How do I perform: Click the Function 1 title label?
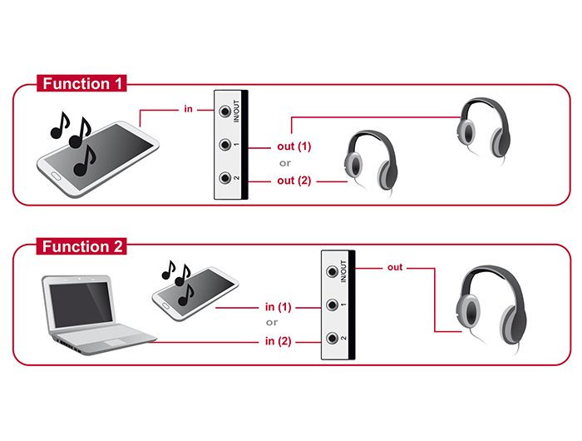[x=82, y=84]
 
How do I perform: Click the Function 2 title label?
[x=82, y=247]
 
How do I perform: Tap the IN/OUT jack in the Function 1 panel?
[x=224, y=111]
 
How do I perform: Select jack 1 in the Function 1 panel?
[x=224, y=146]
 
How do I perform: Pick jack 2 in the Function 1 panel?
[x=224, y=179]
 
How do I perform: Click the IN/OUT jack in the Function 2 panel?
[x=333, y=271]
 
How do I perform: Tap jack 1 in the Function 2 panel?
[x=333, y=305]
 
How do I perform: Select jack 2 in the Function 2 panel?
[x=333, y=339]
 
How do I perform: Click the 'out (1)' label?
[x=293, y=146]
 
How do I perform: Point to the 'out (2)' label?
[x=293, y=180]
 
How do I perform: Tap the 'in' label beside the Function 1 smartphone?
[x=188, y=108]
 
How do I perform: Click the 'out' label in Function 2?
[x=395, y=267]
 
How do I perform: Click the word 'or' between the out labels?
[x=284, y=163]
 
